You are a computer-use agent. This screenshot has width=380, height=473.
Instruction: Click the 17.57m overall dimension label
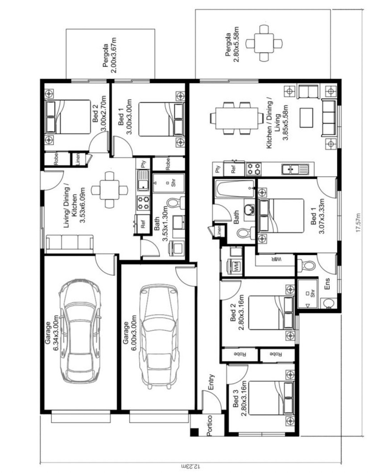pyautogui.click(x=358, y=223)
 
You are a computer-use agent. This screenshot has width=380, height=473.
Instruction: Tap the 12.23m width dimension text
pyautogui.click(x=190, y=466)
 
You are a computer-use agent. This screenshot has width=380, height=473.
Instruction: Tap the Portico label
pyautogui.click(x=210, y=426)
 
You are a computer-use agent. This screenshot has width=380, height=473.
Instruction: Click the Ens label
pyautogui.click(x=327, y=284)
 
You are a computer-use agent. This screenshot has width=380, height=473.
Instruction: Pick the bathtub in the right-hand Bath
pyautogui.click(x=235, y=189)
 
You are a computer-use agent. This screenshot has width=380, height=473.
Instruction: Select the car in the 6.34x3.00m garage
pyautogui.click(x=80, y=331)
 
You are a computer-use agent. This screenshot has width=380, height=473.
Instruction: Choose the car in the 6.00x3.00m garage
pyautogui.click(x=159, y=337)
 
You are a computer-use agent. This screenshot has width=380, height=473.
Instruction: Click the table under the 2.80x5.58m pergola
pyautogui.click(x=264, y=43)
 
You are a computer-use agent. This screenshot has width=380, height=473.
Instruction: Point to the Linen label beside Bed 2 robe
pyautogui.click(x=78, y=159)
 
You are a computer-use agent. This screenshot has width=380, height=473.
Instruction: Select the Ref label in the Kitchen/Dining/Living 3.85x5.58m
pyautogui.click(x=233, y=170)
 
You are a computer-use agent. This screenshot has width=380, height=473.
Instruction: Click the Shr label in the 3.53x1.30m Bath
pyautogui.click(x=173, y=183)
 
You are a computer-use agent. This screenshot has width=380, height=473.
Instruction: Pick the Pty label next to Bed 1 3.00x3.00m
pyautogui.click(x=143, y=164)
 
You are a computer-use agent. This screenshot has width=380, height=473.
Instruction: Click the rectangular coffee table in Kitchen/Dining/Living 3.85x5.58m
pyautogui.click(x=306, y=118)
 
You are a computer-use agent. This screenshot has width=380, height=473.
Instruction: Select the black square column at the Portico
pyautogui.click(x=195, y=432)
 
